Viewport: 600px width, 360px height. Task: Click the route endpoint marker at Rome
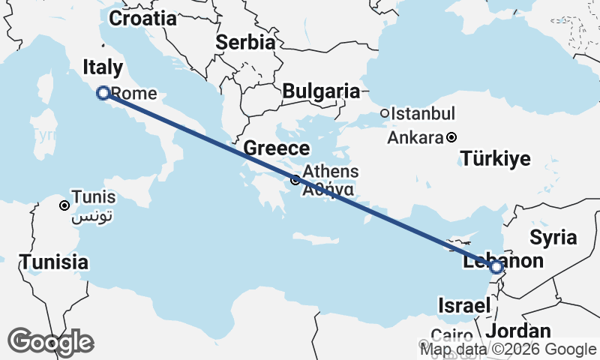click(x=104, y=93)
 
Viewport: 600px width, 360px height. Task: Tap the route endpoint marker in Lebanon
click(x=496, y=266)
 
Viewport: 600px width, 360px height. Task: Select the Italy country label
click(x=103, y=67)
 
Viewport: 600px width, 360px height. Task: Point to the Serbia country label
click(x=245, y=43)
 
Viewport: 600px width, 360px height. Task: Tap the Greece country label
click(x=276, y=148)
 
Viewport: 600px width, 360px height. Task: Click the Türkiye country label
click(x=496, y=159)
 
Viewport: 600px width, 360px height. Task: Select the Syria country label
click(x=553, y=238)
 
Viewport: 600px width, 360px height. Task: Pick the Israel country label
click(x=465, y=305)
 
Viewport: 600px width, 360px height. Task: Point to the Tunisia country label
click(x=54, y=262)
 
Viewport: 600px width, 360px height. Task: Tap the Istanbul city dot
click(x=385, y=114)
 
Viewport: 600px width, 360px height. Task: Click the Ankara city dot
click(x=451, y=137)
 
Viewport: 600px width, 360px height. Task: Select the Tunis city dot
click(x=64, y=205)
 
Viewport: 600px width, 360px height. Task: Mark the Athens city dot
click(x=295, y=179)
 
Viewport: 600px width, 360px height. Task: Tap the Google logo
click(x=50, y=341)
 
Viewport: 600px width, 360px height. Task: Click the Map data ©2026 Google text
click(x=508, y=349)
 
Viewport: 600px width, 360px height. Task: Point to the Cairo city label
click(x=451, y=335)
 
